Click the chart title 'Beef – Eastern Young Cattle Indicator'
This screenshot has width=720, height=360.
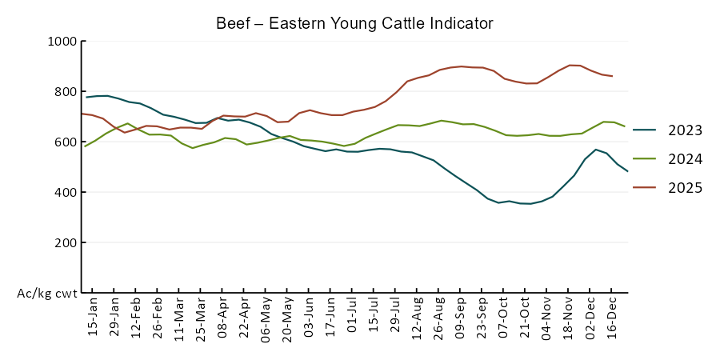[x=354, y=23]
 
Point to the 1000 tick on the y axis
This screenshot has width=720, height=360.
[x=62, y=41]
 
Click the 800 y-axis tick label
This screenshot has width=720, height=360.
[x=65, y=91]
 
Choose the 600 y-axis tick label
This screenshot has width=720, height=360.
[x=65, y=142]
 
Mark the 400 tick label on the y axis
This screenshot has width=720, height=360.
[x=65, y=192]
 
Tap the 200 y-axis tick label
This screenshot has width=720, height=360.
[x=65, y=242]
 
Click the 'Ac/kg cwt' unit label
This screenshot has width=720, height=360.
[x=47, y=294]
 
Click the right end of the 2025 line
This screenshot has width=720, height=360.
[x=612, y=76]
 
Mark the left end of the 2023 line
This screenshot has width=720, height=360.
[x=86, y=97]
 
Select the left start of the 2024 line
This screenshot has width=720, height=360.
[x=84, y=146]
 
